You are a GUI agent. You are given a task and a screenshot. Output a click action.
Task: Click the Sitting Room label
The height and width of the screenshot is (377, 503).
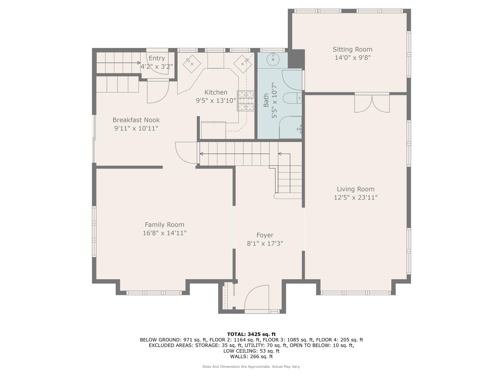coord(352,50)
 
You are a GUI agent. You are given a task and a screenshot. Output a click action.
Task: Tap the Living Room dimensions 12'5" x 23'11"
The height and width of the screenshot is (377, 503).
coord(355,198)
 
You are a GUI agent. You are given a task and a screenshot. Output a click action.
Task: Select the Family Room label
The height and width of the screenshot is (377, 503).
coord(164,224)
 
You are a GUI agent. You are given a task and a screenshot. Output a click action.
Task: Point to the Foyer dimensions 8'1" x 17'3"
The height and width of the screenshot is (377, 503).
coord(265,244)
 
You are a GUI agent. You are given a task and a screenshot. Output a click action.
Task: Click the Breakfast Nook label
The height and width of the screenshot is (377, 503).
coord(136,120)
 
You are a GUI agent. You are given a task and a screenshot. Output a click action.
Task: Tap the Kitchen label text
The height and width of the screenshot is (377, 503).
coord(216,92)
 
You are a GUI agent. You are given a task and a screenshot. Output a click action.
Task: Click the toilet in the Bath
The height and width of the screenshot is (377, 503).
coord(292,98)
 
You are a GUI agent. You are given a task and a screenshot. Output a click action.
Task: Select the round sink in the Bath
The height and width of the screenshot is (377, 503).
coord(273,60)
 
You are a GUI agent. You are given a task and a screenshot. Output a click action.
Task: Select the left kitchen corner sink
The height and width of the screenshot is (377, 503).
coord(192,64)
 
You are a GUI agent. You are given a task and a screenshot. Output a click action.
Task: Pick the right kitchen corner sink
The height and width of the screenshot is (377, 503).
coord(243,64)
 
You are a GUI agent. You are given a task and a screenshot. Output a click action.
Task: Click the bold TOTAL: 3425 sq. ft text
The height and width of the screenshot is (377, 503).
coord(251,334)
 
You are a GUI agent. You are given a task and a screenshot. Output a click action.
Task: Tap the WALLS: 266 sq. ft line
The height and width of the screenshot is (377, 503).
coord(251,356)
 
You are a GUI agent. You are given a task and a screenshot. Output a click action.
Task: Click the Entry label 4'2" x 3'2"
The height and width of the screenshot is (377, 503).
coord(157,63)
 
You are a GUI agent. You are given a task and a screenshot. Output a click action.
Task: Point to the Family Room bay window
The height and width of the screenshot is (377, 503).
coord(154,293)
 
